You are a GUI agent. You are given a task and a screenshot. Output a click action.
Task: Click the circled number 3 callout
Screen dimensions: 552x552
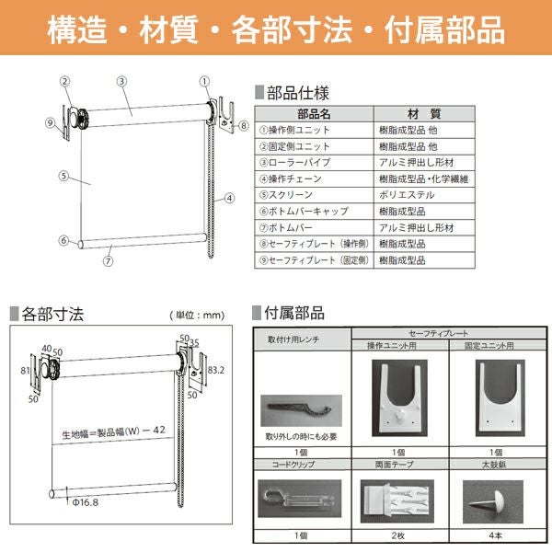121,81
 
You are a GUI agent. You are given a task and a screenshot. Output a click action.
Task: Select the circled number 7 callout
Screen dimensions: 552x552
109,260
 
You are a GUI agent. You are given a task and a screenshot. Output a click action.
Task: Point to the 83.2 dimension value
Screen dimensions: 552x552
216,371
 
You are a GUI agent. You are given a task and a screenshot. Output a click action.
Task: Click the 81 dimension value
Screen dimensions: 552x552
26,371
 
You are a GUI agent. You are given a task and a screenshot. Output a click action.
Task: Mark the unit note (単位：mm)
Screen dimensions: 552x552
197,316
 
